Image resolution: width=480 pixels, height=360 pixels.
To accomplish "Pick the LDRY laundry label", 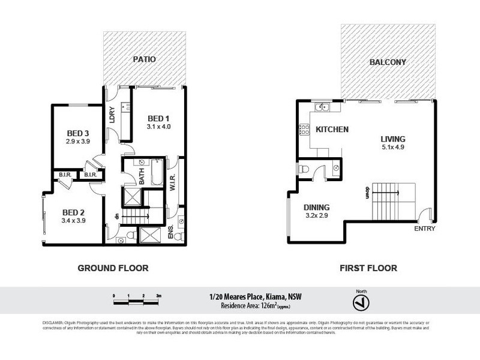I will [x=112, y=114].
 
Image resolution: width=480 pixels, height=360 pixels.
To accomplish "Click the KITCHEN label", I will [x=332, y=130].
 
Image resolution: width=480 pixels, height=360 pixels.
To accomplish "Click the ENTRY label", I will [x=425, y=229].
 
